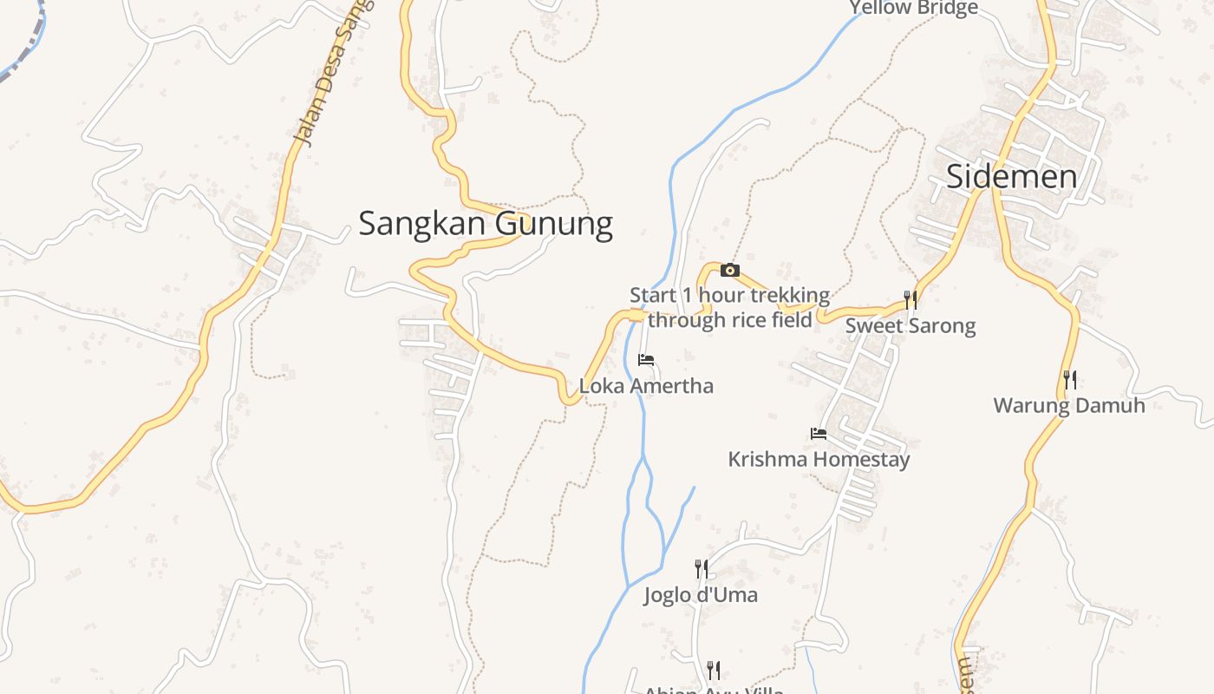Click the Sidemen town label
(x=1011, y=177)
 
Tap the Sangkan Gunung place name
(x=486, y=224)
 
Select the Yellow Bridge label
(x=913, y=9)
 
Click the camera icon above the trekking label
(x=730, y=271)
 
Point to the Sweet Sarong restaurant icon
(x=910, y=300)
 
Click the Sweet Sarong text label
(x=910, y=326)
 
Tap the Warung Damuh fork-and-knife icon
(x=1070, y=380)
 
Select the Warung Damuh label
(x=1068, y=405)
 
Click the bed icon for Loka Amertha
(x=646, y=360)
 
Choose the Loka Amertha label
(x=646, y=386)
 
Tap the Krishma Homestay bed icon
(x=819, y=434)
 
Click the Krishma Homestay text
(x=819, y=459)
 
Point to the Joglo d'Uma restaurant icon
(x=702, y=569)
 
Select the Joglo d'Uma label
(x=701, y=595)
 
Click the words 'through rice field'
(x=730, y=320)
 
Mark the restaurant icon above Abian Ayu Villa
(x=713, y=670)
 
